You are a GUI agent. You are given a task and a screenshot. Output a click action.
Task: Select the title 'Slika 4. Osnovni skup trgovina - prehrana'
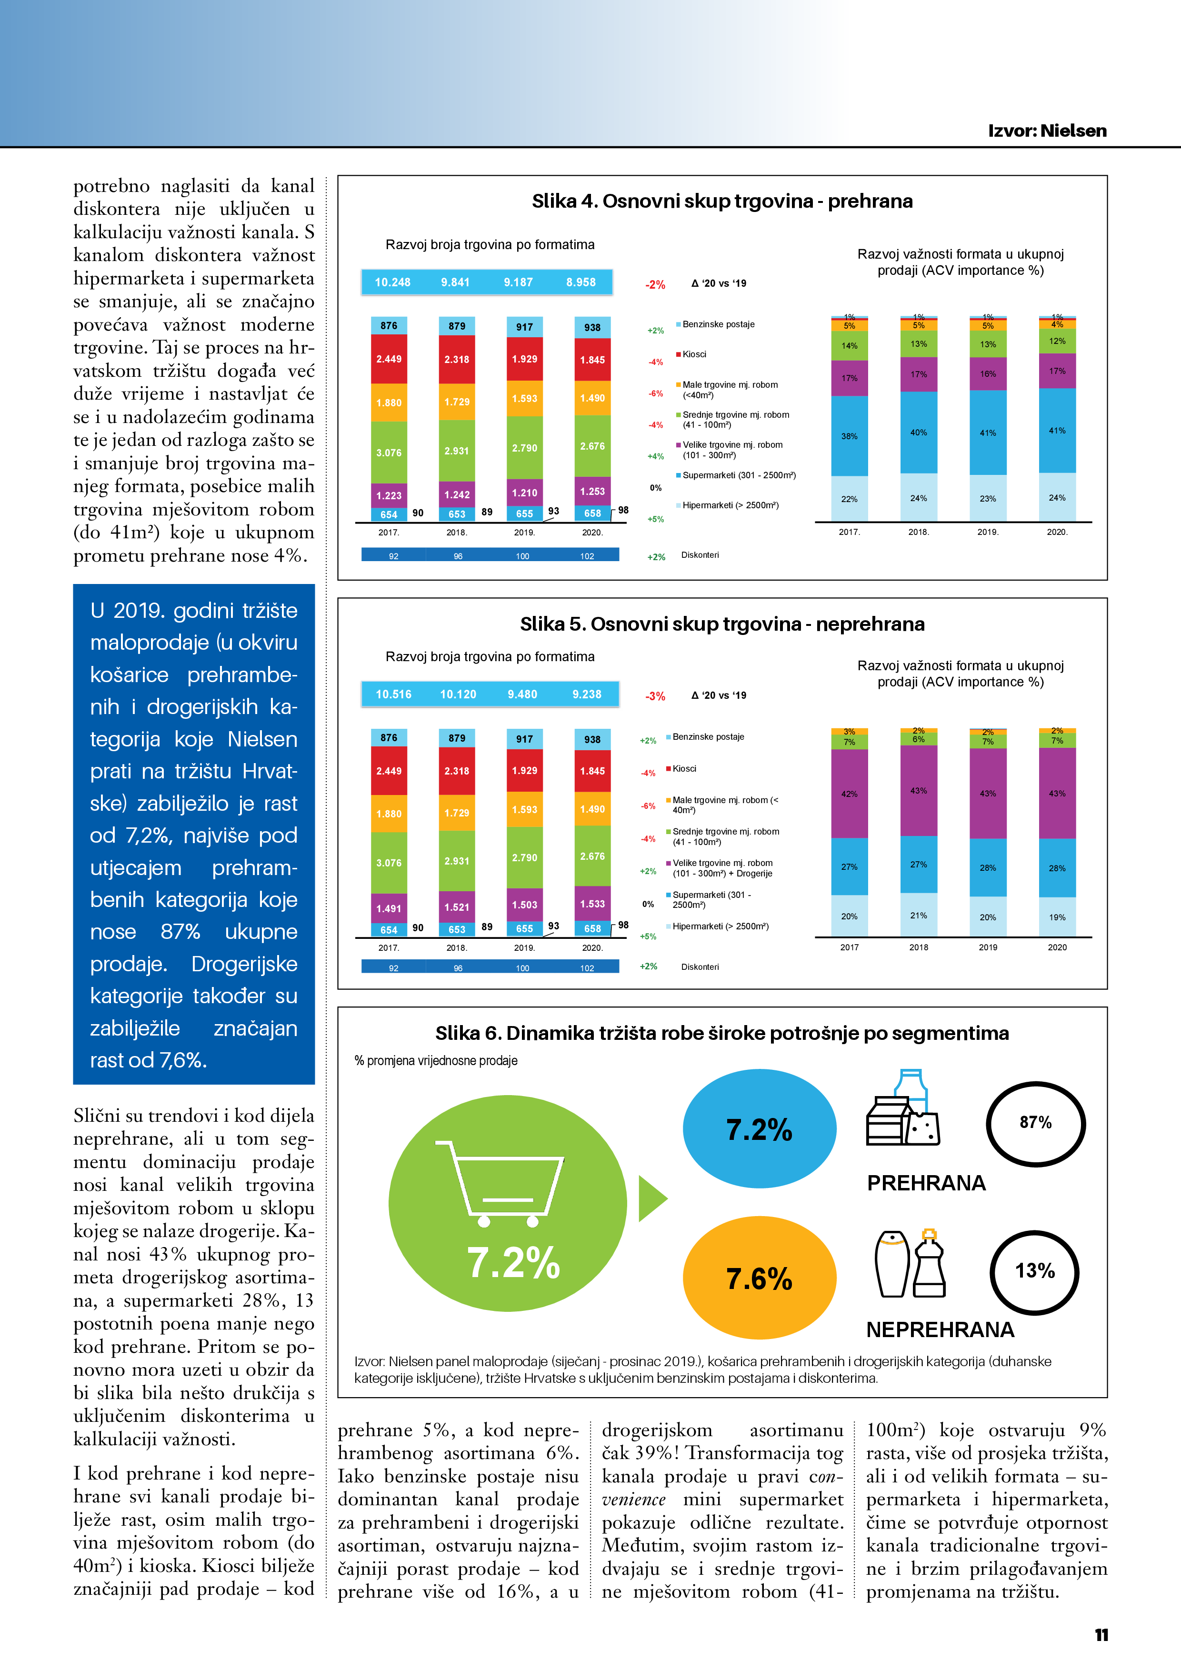pyautogui.click(x=722, y=201)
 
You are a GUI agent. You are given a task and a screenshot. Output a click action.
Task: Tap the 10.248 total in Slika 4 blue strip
pyautogui.click(x=392, y=282)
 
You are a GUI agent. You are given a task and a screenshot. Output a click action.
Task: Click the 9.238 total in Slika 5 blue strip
pyautogui.click(x=587, y=695)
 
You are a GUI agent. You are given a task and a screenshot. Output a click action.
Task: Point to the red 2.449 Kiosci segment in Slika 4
pyautogui.click(x=389, y=359)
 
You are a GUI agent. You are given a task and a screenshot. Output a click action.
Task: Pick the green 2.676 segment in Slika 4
pyautogui.click(x=592, y=446)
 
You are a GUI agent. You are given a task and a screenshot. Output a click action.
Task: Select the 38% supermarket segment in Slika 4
pyautogui.click(x=849, y=436)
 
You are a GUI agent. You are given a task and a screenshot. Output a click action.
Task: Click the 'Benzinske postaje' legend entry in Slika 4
pyautogui.click(x=718, y=324)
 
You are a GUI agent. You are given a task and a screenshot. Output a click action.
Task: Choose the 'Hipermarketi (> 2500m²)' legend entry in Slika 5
pyautogui.click(x=720, y=926)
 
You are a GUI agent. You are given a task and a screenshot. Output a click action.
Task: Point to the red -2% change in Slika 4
pyautogui.click(x=655, y=284)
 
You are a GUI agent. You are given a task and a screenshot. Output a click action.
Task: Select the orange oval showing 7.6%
pyautogui.click(x=759, y=1278)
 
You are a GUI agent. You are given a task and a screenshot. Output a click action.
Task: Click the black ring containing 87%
pyautogui.click(x=1035, y=1123)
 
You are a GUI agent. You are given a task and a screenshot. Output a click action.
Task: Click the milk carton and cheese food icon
pyautogui.click(x=903, y=1109)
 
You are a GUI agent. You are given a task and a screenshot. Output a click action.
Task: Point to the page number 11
pyautogui.click(x=1101, y=1635)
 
